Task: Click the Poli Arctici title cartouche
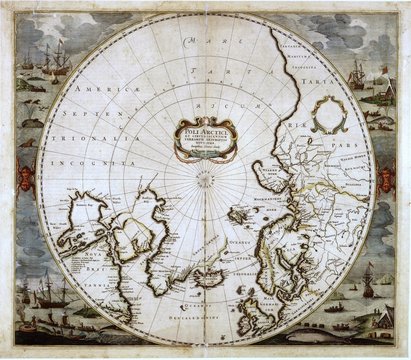pyautogui.click(x=205, y=140)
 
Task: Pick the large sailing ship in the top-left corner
pyautogui.click(x=55, y=60)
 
